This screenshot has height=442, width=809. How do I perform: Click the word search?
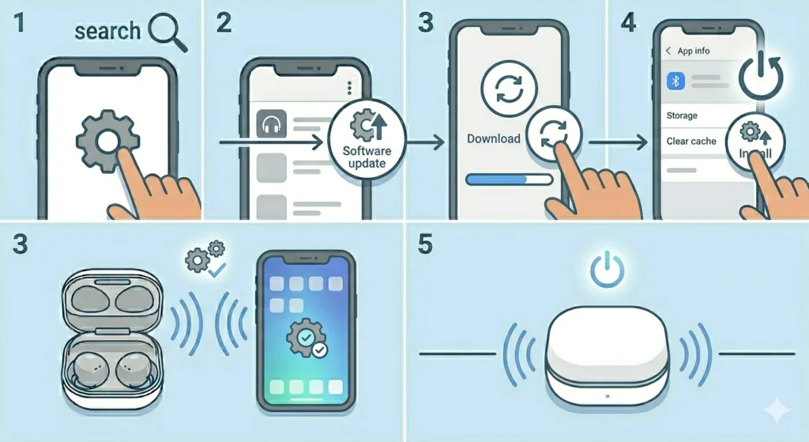[x=107, y=32]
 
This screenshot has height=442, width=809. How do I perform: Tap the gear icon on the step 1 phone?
[x=108, y=142]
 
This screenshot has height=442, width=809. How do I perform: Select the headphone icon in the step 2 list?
[x=271, y=125]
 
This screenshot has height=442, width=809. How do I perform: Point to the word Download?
[x=494, y=138]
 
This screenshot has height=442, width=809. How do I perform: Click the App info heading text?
[x=694, y=51]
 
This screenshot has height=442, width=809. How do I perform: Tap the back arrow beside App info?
[x=668, y=51]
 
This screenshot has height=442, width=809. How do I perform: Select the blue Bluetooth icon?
[x=676, y=81]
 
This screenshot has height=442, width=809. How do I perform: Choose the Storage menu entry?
[x=682, y=115]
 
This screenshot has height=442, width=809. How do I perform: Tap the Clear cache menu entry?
[x=691, y=141]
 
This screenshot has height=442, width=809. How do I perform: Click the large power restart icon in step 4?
[x=761, y=77]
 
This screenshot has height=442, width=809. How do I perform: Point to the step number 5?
[x=426, y=245]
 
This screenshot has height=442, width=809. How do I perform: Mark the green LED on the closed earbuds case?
[x=606, y=394]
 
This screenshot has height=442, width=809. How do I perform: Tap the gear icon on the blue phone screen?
[x=304, y=338]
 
